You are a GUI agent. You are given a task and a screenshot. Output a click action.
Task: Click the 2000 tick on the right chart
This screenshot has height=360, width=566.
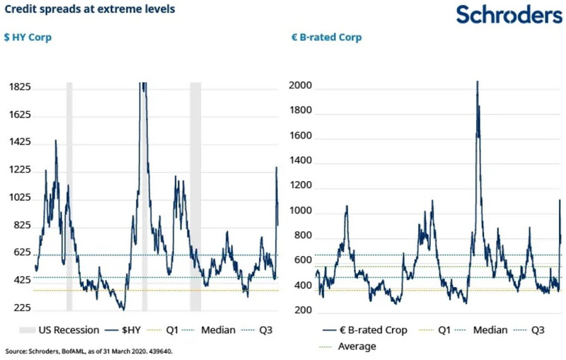(302, 86)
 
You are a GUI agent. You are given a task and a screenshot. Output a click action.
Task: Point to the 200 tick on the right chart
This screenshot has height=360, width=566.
(304, 310)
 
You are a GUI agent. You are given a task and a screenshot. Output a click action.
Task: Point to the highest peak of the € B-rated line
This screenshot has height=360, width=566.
(477, 82)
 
